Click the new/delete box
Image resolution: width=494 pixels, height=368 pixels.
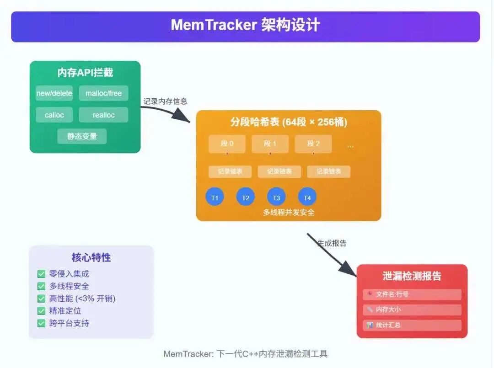point(54,93)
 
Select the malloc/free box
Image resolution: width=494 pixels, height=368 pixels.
point(103,93)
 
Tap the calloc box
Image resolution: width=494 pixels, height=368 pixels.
point(54,115)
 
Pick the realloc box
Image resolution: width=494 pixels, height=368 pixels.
point(103,115)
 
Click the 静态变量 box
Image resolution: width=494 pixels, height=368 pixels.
point(82,136)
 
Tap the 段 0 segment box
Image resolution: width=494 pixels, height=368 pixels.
point(227,144)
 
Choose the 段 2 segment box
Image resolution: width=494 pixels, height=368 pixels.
point(313,144)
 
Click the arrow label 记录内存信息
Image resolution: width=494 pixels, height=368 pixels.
point(166,101)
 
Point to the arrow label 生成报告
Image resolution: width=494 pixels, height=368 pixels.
point(332,243)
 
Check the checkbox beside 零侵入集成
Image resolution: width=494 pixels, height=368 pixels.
point(41,274)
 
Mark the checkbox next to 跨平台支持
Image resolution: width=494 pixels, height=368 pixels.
point(41,323)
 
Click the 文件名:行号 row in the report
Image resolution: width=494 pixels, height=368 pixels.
point(412,294)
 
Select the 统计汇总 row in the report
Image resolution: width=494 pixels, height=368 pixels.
point(412,325)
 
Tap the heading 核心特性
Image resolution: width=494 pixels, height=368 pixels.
point(91,257)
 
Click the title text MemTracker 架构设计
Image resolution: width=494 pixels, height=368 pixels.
point(245,25)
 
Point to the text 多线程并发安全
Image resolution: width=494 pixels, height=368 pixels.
point(289,212)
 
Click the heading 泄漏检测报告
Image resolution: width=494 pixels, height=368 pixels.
point(412,276)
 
